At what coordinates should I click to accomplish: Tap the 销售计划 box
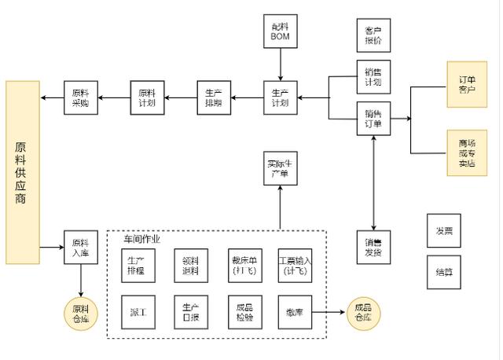coord(373,77)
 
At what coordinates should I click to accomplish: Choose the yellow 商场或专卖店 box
coord(467,152)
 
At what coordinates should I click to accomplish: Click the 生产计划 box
coord(280,97)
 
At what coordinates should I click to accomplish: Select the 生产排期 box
coord(214,97)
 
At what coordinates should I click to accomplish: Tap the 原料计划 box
coord(147,97)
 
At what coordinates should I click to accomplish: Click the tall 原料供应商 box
coord(23,172)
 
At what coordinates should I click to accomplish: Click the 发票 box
coord(444,231)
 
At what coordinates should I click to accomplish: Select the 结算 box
coord(444,272)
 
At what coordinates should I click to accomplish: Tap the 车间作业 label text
coord(141,239)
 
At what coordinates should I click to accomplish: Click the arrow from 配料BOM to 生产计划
coord(280,64)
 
